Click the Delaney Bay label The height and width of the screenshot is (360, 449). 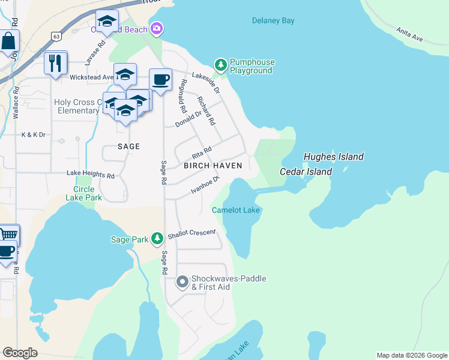point(273,20)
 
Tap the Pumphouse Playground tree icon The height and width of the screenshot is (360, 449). point(221,64)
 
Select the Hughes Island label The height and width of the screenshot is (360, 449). point(333,157)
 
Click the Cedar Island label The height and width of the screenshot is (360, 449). point(306,172)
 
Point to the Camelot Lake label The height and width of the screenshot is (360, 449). point(236,210)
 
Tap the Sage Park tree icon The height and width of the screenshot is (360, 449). point(157,239)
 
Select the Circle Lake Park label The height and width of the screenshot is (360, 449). point(83,193)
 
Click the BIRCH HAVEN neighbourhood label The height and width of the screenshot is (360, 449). point(212,166)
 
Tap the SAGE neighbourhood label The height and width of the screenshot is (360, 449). point(128,146)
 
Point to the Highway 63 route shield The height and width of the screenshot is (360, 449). point(56,37)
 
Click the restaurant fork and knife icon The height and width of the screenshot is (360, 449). point(55,62)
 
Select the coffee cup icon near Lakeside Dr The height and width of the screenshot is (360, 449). point(160,79)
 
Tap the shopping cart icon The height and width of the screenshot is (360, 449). point(8,234)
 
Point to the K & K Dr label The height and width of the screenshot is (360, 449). point(33,135)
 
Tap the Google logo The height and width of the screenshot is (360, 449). point(20,353)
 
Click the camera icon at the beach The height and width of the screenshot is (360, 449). point(157,28)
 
